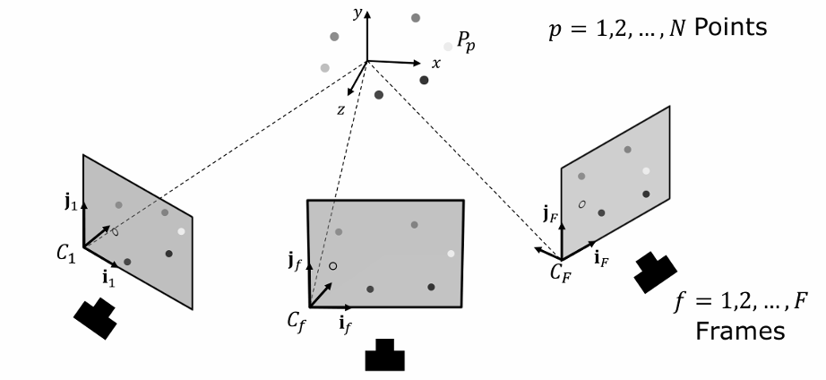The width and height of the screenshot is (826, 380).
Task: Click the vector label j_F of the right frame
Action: [550, 215]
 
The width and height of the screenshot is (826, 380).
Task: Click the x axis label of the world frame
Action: [436, 64]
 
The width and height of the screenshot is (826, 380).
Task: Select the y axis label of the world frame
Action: [357, 13]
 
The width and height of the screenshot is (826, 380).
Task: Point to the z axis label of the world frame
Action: [340, 108]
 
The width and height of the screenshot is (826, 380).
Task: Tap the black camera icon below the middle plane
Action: [385, 356]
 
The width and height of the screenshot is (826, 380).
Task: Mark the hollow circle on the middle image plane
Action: [332, 266]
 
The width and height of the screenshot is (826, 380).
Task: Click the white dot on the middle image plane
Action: [451, 254]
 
